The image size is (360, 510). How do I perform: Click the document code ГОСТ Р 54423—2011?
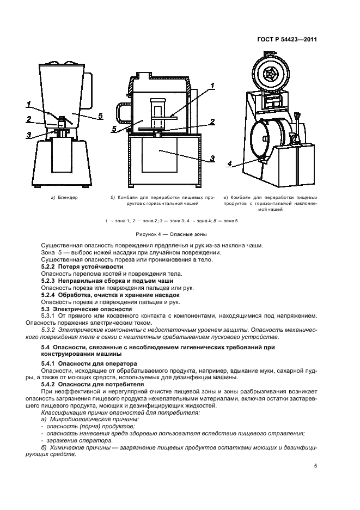tap(286, 40)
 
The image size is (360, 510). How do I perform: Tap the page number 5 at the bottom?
tap(315, 466)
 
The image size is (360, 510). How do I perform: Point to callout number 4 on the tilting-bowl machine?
tap(230, 163)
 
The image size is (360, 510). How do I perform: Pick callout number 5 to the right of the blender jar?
tap(101, 116)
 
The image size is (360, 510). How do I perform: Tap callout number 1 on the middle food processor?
tap(213, 86)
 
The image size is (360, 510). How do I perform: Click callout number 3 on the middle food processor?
tap(213, 158)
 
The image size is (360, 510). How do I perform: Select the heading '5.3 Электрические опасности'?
tap(76, 308)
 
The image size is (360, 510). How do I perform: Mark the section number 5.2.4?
tap(50, 295)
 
